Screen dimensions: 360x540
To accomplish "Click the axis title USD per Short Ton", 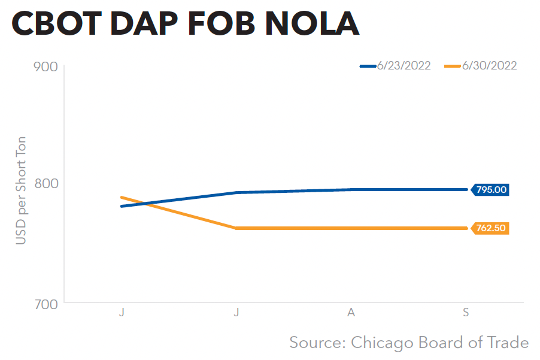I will [x=21, y=184].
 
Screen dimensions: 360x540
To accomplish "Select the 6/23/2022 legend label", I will [x=404, y=66].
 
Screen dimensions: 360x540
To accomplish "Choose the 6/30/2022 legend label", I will [x=489, y=66].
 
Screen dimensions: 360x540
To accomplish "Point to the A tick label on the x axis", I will [x=351, y=313].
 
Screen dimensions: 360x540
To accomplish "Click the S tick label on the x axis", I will [x=466, y=313].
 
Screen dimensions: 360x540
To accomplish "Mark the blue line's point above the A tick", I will [x=351, y=190].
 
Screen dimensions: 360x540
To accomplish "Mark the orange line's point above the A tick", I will [x=351, y=228].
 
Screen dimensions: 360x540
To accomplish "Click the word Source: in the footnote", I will [x=317, y=343].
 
